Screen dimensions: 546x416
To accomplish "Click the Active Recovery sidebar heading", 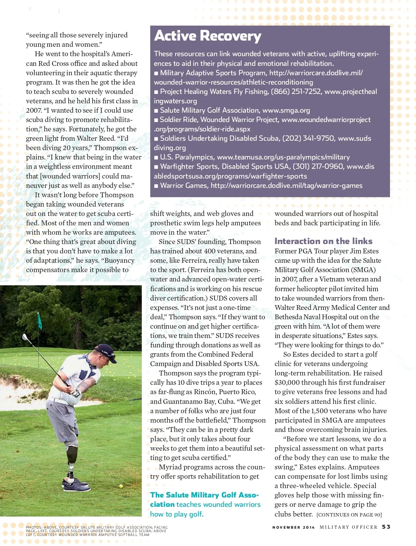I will click(x=208, y=36).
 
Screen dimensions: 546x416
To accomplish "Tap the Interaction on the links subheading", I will click(x=323, y=241).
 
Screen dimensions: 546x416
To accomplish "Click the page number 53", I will click(x=386, y=527).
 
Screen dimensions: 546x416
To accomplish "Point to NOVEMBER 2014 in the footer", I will click(x=293, y=527).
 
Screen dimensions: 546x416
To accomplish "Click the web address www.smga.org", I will click(x=286, y=110).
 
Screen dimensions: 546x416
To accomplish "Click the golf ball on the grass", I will click(x=121, y=486).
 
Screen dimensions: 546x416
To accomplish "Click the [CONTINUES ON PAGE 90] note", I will click(x=349, y=515).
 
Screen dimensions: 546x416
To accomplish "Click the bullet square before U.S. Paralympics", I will click(x=156, y=157).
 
